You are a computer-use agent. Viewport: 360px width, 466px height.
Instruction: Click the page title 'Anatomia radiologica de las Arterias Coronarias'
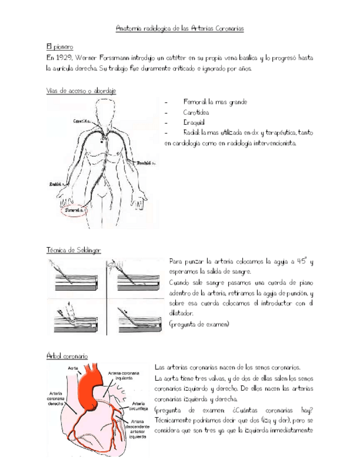click(180, 27)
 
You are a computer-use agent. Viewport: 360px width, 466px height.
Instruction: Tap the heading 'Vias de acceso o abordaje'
click(81, 91)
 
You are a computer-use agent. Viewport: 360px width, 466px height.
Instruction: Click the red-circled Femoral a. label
click(73, 210)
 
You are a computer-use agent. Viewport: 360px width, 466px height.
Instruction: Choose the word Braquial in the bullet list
click(194, 123)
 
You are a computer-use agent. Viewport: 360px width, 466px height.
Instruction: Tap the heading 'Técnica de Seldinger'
click(74, 250)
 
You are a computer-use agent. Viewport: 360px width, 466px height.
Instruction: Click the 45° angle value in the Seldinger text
click(302, 262)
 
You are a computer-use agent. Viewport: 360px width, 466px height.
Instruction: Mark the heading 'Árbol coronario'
click(67, 356)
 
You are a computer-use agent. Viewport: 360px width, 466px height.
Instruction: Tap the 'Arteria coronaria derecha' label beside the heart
click(57, 397)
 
